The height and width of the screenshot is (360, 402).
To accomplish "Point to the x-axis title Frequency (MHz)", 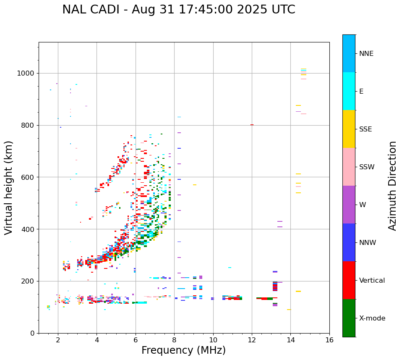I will point(183,350).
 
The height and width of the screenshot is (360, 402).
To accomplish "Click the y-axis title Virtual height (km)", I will point(9,188).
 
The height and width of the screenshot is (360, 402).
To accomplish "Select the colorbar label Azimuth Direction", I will point(392,186).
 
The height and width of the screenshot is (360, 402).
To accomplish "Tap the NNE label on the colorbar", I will point(366,54).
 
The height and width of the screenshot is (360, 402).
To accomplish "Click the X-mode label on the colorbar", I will point(372,318).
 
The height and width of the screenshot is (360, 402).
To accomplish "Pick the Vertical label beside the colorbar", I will point(372,281).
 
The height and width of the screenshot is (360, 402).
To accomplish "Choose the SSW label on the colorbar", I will point(367,167).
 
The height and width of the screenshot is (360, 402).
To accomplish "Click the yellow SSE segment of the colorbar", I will point(349,129).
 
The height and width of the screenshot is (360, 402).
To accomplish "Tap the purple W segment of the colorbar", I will point(349,205).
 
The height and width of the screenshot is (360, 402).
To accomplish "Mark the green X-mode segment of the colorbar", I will point(349,318).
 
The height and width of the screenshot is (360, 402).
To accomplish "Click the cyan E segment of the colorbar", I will point(349,91).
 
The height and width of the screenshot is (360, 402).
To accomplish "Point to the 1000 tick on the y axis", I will point(26,73).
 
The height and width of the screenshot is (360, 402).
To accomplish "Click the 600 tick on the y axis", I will point(28,177).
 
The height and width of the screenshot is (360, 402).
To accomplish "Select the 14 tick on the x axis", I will point(290,340).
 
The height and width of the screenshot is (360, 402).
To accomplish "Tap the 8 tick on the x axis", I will point(174,340).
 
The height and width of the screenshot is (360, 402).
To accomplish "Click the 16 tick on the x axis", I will point(329,340).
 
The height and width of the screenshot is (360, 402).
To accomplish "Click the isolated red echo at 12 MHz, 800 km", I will point(252,125).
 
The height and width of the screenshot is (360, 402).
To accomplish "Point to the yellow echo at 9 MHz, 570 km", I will point(195,185).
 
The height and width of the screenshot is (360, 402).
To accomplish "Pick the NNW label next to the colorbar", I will point(368,243).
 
